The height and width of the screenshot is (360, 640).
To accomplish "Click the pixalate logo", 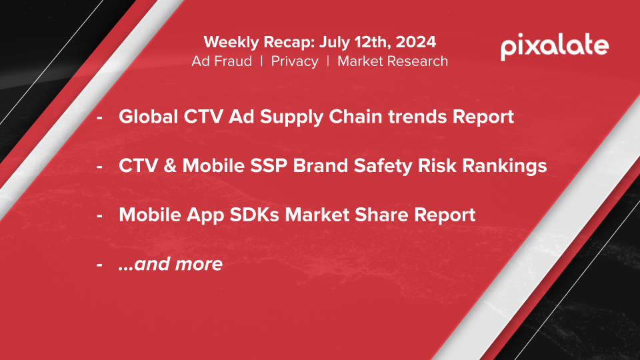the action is coord(555,47).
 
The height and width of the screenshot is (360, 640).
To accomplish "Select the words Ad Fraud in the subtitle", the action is coord(221,61).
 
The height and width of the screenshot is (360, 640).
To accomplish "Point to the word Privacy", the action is coord(294,61).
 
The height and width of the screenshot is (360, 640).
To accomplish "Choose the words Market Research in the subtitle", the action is coord(393,61).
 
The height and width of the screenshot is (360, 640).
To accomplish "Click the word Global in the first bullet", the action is coord(148,116).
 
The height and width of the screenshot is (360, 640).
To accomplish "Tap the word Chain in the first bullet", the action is coord(355,116).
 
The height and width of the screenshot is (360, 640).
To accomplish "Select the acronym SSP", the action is coord(269,166).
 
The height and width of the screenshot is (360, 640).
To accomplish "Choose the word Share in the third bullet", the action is coord(381,215).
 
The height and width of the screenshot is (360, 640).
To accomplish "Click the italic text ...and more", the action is coord(170,264).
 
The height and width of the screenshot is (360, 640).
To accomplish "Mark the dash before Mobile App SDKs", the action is coord(99,215).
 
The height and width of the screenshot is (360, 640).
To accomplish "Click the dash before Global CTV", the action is coord(99,117).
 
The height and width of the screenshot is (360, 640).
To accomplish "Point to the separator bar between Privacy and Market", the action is coord(328,61).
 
